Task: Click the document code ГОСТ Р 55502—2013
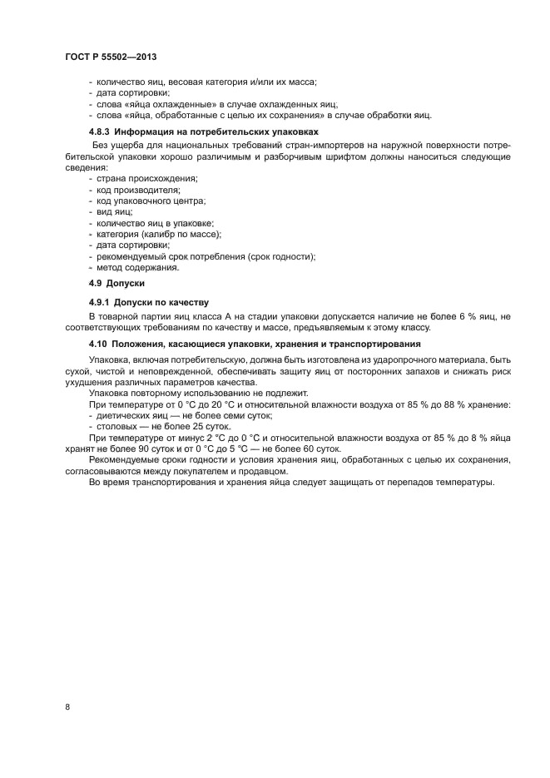pyautogui.click(x=111, y=57)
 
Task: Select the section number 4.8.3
pyautogui.click(x=101, y=132)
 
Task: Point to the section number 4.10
pyautogui.click(x=99, y=343)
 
